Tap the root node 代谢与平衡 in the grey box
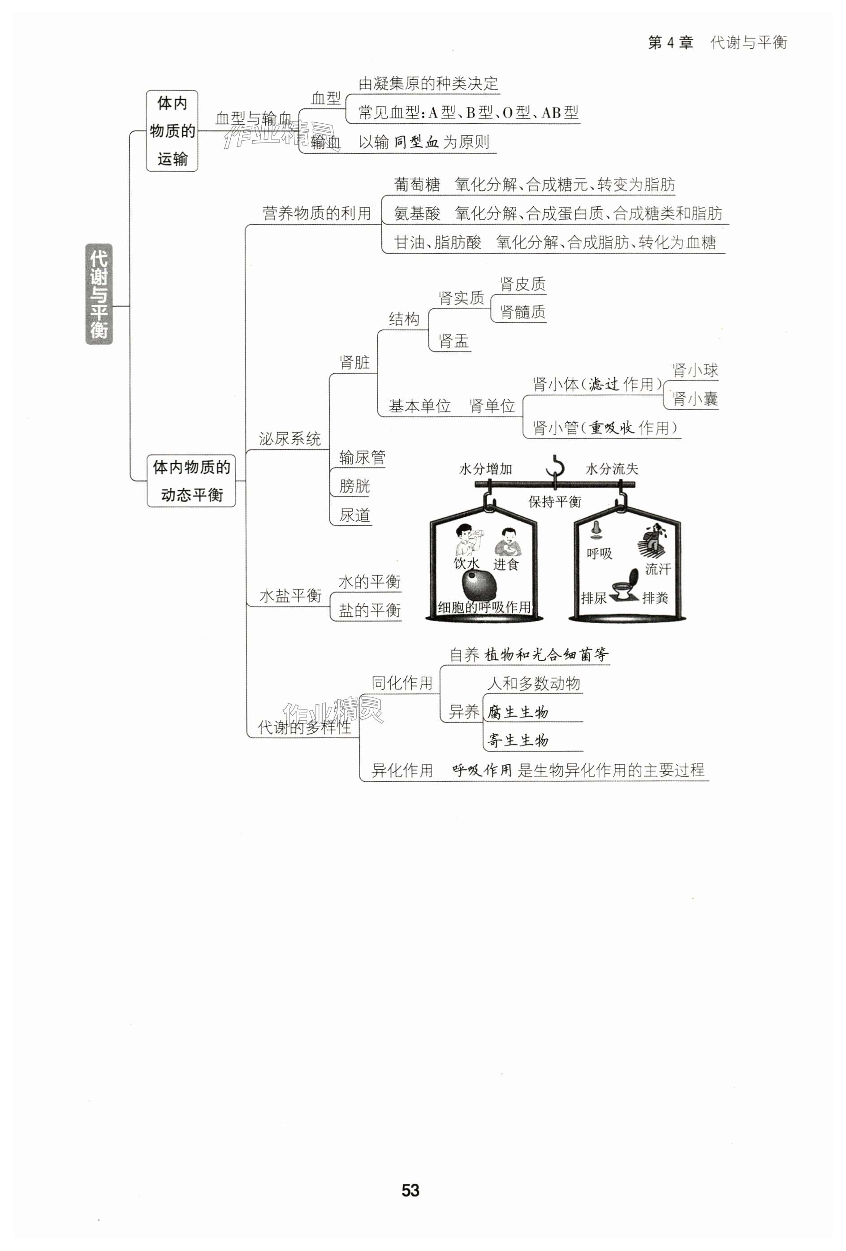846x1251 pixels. (x=99, y=294)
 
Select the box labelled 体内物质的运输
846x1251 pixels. (x=172, y=131)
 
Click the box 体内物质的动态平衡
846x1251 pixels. (x=192, y=480)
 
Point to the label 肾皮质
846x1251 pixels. (x=522, y=284)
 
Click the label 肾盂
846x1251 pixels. (x=453, y=341)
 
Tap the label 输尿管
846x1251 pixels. (x=362, y=457)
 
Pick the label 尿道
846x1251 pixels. (x=354, y=515)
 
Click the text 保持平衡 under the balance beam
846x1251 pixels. (x=554, y=502)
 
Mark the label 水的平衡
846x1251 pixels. (x=369, y=581)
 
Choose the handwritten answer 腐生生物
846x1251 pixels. (x=518, y=712)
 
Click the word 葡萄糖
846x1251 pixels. (x=417, y=185)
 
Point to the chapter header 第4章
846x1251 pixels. (x=670, y=43)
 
